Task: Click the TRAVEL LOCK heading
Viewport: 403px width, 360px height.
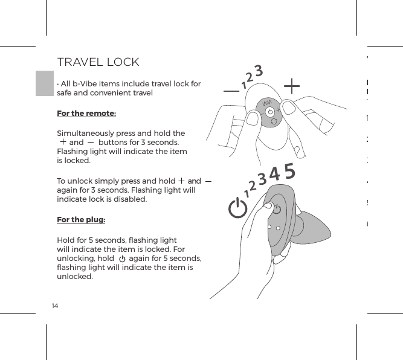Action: tap(98, 62)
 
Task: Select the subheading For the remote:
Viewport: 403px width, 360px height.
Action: tap(86, 114)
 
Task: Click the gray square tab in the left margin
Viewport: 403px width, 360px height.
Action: tap(45, 83)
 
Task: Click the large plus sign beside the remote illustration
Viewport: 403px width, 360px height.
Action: tap(292, 86)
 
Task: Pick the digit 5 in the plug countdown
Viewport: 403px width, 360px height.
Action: tap(289, 172)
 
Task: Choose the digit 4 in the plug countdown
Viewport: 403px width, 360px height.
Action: tap(274, 175)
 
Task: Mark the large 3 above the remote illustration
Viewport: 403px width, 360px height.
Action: tap(258, 71)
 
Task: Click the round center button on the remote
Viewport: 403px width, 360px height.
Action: tap(270, 112)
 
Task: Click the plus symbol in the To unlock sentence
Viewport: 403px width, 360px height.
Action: tap(181, 180)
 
